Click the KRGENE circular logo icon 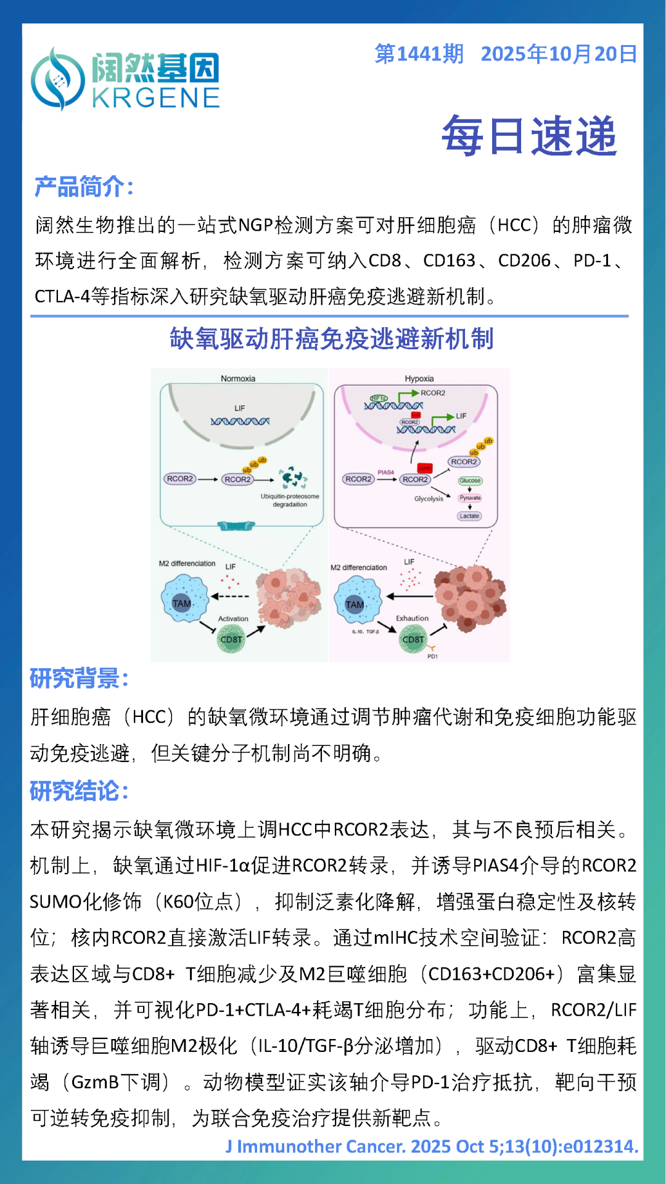point(57,80)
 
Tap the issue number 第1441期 point(419,54)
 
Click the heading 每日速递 point(529,135)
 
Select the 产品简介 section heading point(84,186)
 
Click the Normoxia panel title point(238,378)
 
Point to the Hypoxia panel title point(419,378)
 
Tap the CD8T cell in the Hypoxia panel point(413,639)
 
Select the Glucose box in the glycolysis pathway point(470,481)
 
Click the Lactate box point(469,516)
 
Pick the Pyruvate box point(470,498)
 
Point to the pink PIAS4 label point(386,472)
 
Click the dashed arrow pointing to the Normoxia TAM point(230,597)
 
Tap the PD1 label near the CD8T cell point(433,656)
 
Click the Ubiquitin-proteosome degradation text point(290,500)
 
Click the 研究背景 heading point(79,679)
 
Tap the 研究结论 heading point(79,791)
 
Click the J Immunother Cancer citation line point(431,1146)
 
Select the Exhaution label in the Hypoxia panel point(412,618)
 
